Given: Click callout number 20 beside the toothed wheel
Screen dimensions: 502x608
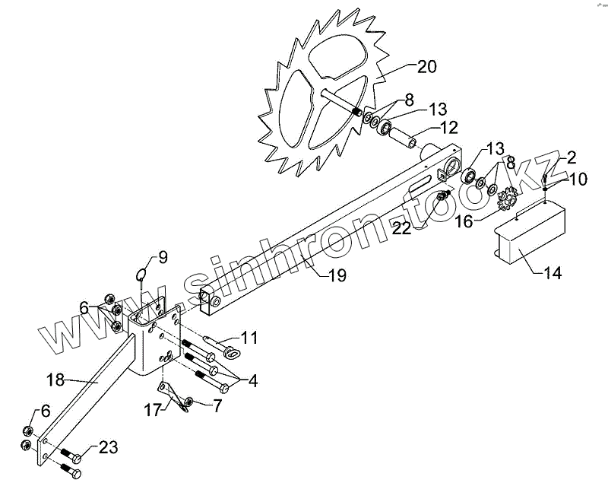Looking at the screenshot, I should [x=426, y=67].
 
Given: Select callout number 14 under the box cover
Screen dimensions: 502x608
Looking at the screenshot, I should [x=553, y=273].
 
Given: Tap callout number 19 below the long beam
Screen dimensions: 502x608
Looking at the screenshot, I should [x=336, y=275].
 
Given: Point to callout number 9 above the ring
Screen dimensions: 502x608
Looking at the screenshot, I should [x=163, y=256].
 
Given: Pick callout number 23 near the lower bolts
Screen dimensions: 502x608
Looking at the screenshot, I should [x=109, y=448].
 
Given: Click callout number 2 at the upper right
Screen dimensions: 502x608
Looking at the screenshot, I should [x=570, y=158].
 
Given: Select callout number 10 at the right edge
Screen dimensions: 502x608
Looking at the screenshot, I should [x=578, y=180].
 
